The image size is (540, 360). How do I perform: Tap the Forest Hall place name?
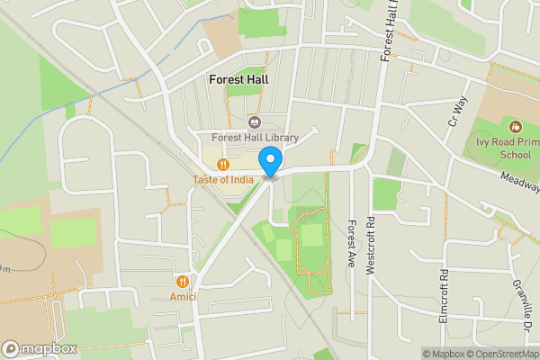coord(238,79)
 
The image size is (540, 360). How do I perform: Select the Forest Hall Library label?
coord(255,138)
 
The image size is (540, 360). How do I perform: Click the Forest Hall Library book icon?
coord(254,121)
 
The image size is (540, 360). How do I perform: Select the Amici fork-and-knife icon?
coord(183,282)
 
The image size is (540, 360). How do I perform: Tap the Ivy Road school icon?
coord(515,127)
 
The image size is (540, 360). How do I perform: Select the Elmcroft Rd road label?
coord(444,295)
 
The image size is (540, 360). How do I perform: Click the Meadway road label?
coord(521,183)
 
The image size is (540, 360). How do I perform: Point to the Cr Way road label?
coord(459,111)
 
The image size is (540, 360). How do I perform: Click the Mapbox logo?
coord(40,348)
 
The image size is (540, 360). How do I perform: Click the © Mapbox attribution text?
coord(442,354)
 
